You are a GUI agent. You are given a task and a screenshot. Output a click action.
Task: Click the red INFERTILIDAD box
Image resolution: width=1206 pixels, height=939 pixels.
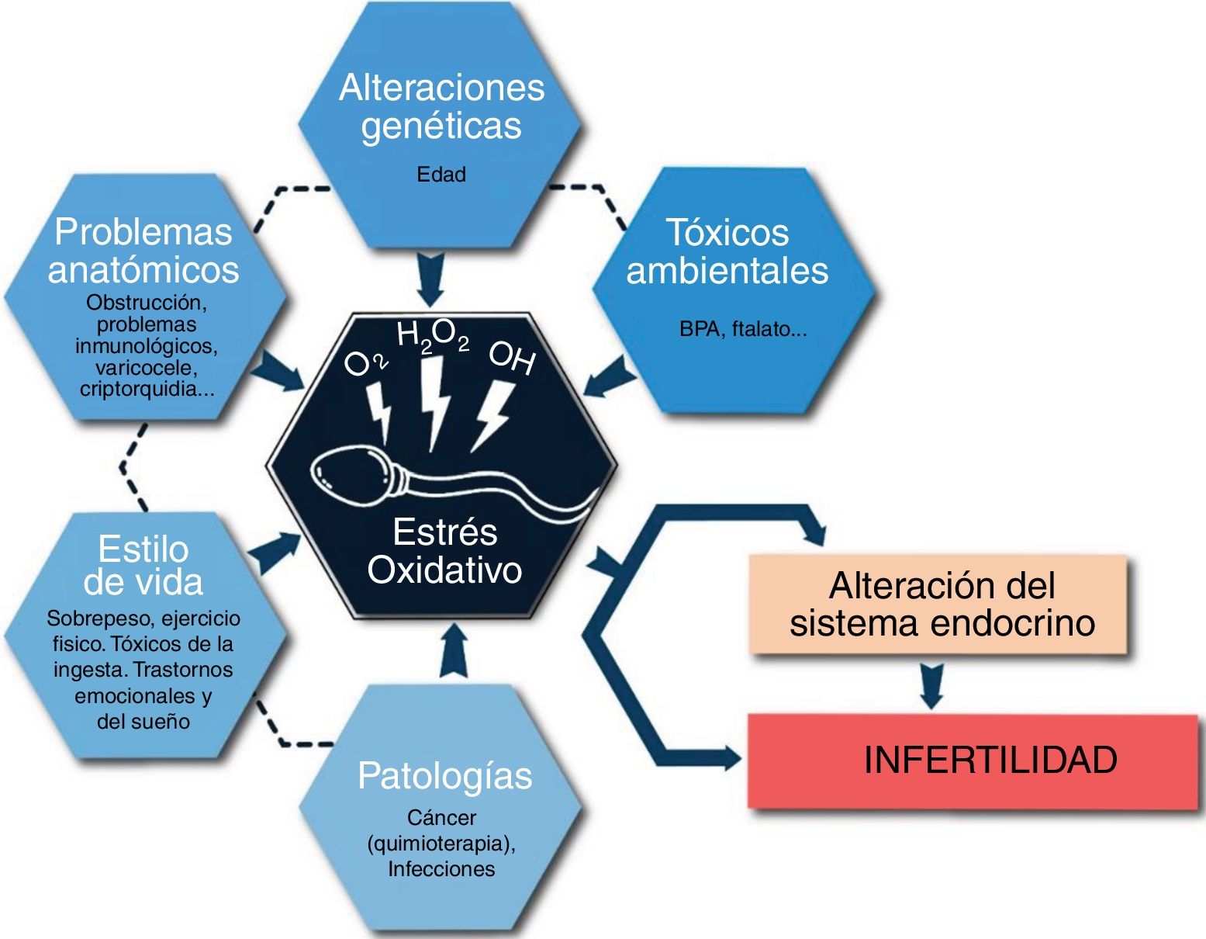point(973,761)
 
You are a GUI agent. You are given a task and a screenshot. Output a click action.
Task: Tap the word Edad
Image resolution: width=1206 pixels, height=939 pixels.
point(441,175)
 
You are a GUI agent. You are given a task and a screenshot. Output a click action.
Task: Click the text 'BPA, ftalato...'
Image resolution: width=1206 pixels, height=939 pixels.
point(743,329)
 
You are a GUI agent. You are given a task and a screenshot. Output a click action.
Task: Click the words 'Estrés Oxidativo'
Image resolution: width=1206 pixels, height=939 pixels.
point(444,551)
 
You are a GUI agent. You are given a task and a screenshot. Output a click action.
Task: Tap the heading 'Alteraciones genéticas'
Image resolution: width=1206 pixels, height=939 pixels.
point(441,106)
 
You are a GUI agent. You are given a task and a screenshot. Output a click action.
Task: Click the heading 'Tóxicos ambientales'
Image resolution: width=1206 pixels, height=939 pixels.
point(727,251)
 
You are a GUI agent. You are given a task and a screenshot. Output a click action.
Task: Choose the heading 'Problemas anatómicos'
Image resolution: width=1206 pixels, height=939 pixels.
point(143,250)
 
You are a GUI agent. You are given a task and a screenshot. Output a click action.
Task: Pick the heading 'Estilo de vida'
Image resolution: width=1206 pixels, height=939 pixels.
point(143,566)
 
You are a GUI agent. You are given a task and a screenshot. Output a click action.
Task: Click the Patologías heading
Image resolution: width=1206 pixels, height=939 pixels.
point(444,775)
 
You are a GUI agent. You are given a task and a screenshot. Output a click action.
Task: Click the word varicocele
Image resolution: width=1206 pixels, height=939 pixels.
point(147,367)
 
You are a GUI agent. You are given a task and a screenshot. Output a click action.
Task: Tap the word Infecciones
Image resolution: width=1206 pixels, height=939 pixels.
point(441,868)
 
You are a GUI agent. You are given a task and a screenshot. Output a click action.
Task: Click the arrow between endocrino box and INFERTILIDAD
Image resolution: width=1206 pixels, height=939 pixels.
point(931,684)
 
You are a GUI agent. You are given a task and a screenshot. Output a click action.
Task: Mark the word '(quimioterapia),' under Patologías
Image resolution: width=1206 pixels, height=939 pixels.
point(441,843)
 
